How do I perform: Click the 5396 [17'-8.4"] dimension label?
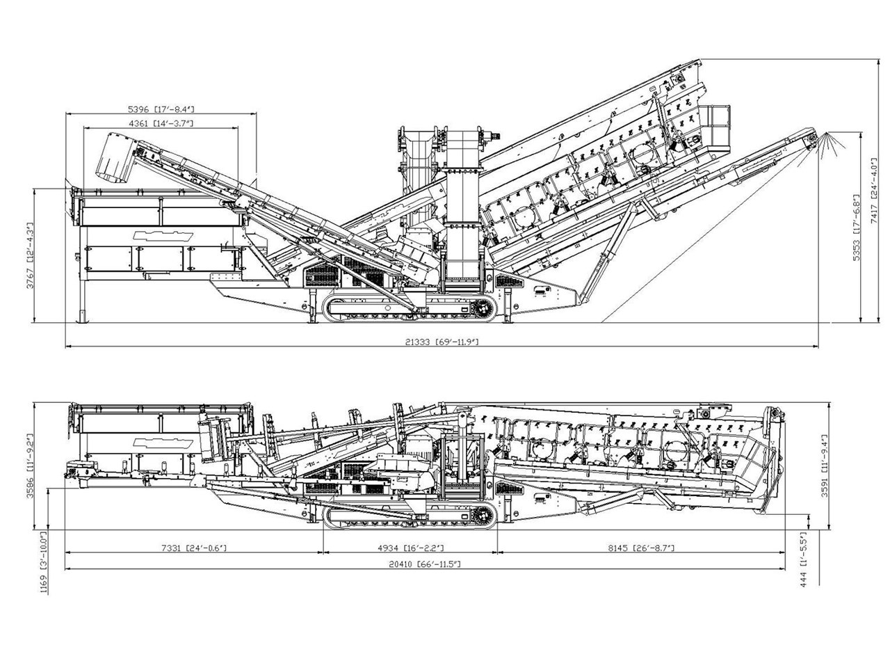click(161, 109)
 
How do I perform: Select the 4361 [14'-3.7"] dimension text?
click(161, 123)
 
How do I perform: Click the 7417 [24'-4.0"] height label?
click(875, 189)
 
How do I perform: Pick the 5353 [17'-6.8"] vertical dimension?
click(857, 228)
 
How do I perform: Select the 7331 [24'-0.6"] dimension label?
click(193, 548)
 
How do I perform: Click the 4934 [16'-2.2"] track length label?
click(410, 548)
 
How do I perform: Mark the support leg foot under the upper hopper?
click(84, 318)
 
